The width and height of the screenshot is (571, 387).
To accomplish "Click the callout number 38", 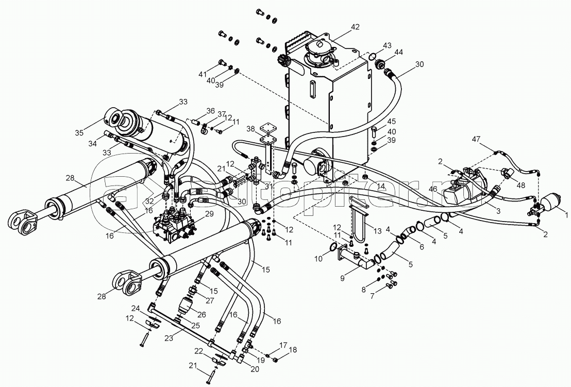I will pos(250,128).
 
